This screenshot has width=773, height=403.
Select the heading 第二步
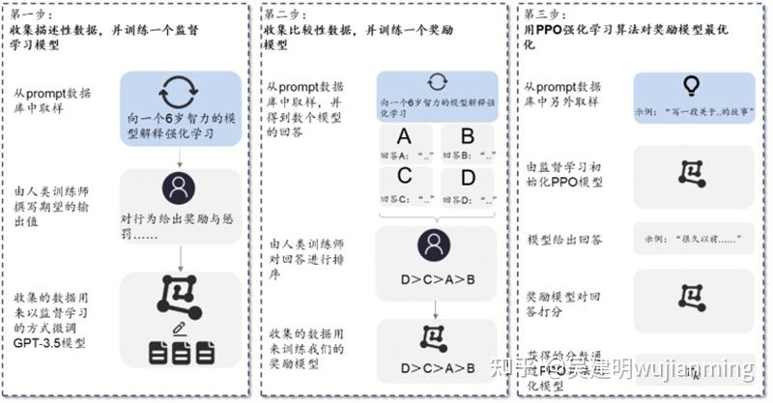click(x=287, y=14)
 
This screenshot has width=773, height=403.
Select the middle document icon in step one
click(x=181, y=354)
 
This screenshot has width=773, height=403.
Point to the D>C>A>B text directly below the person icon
click(x=437, y=281)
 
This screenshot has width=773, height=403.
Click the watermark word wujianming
click(x=692, y=370)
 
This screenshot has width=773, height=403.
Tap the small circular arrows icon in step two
click(x=437, y=81)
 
